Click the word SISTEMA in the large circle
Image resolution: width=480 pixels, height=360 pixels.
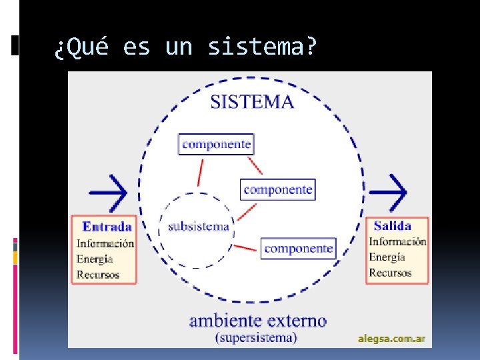[252, 102]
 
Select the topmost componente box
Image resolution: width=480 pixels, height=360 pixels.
[216, 144]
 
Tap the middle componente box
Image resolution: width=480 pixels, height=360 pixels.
[277, 189]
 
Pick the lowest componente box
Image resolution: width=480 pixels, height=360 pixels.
[298, 249]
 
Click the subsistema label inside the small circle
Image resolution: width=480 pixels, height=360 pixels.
[199, 227]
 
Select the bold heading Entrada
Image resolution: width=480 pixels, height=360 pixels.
[107, 226]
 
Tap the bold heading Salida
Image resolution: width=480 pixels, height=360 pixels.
[392, 226]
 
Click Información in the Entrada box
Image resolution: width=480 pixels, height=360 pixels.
[105, 244]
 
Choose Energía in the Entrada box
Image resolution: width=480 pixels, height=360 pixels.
[95, 259]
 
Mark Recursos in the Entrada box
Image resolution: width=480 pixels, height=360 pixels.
[98, 274]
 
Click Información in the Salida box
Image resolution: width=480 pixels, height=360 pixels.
[397, 242]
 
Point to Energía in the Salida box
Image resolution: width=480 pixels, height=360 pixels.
[387, 257]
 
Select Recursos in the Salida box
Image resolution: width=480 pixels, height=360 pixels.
[390, 272]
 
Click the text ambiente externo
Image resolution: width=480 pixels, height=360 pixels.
[258, 321]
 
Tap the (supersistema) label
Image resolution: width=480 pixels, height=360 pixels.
[256, 337]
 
